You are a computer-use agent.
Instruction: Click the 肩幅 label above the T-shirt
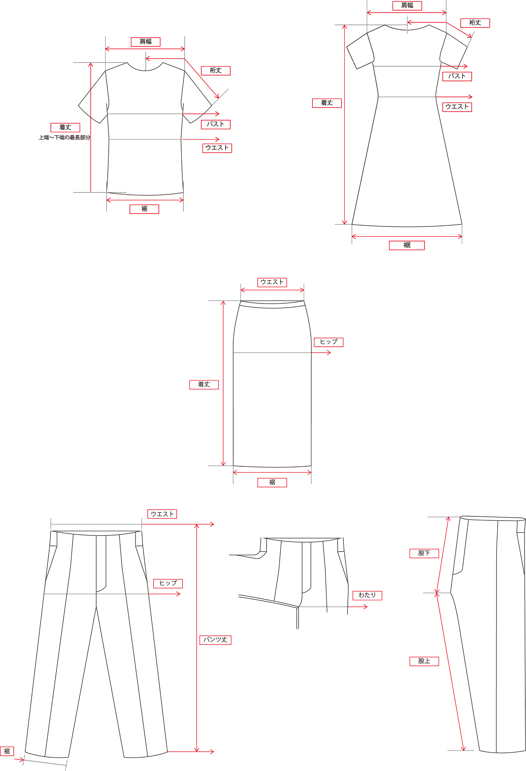146,42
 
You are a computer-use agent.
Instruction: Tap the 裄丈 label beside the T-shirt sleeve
216,70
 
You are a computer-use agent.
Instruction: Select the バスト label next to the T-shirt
216,124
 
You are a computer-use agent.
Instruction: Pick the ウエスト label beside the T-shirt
217,148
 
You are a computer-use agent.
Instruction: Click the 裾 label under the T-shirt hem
144,209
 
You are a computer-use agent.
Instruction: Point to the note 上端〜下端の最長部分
65,137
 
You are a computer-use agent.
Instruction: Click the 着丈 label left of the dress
327,103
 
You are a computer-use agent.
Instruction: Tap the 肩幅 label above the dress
407,6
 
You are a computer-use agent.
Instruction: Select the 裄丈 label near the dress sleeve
475,23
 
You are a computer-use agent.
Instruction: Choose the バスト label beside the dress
457,76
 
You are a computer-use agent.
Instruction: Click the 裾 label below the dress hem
407,245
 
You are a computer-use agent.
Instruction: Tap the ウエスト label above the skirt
272,282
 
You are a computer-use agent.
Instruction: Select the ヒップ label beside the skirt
329,342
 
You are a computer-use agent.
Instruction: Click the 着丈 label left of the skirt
204,384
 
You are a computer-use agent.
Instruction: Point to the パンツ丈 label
215,640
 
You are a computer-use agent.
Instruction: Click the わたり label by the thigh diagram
367,595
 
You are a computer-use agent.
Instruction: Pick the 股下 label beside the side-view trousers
424,553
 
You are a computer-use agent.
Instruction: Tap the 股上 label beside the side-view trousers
424,661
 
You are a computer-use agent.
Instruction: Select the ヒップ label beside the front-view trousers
168,583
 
